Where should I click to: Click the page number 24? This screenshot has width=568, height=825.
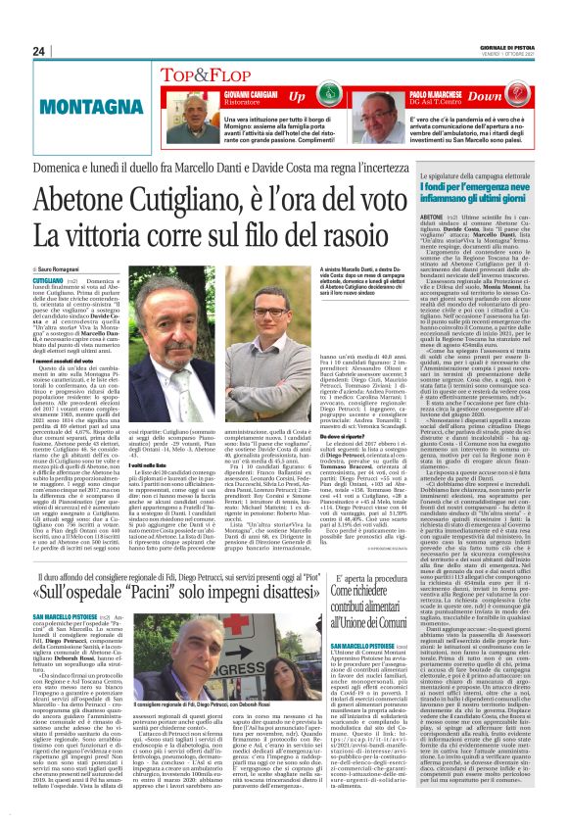tap(39, 51)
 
